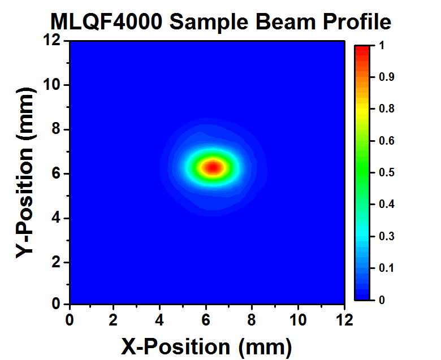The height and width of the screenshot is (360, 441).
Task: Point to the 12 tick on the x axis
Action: coord(345,320)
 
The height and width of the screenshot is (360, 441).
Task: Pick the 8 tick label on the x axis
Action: coord(253,320)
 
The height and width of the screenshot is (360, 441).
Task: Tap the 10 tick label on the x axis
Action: coord(299,320)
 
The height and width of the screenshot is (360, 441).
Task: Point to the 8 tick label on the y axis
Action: coord(57,129)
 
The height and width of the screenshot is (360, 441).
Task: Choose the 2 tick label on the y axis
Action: coord(57,262)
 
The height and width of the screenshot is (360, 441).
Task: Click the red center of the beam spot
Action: coord(213,167)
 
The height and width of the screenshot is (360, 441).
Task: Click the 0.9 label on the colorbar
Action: coord(387,77)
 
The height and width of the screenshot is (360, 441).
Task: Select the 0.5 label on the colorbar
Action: coord(387,172)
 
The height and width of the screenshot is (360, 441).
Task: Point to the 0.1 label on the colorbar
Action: coord(387,267)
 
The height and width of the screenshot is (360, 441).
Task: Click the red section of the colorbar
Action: coord(362,54)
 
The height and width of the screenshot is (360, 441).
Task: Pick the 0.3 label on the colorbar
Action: coord(387,236)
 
